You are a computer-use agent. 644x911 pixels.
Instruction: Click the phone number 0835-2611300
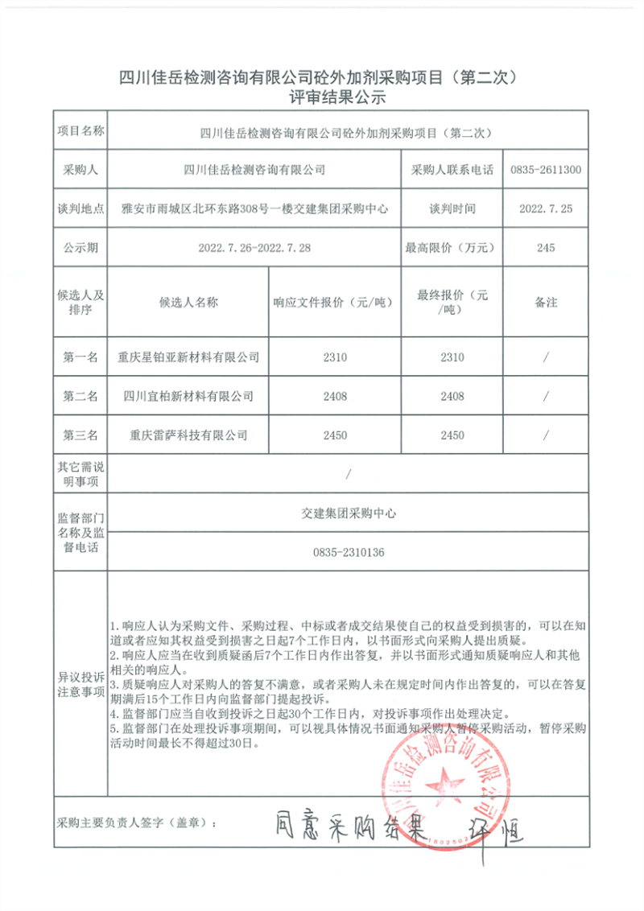click(546, 170)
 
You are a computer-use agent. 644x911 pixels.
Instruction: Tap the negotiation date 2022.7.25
click(546, 208)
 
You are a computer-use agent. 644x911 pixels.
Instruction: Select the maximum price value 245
click(546, 248)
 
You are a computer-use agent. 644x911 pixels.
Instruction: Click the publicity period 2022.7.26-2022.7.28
click(254, 248)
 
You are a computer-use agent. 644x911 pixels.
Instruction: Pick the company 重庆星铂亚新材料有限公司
click(188, 357)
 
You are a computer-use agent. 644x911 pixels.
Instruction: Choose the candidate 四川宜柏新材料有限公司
click(188, 396)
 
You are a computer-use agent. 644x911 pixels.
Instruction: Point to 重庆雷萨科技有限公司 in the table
click(188, 435)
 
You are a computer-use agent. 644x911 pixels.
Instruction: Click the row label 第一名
click(80, 357)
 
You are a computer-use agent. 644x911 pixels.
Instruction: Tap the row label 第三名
click(80, 435)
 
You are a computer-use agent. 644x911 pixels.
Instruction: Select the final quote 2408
click(452, 396)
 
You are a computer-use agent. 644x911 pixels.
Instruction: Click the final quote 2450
click(452, 435)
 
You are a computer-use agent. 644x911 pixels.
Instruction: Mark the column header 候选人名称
click(188, 303)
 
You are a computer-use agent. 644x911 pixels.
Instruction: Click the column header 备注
click(546, 303)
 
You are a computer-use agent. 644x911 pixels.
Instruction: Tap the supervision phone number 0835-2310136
click(348, 553)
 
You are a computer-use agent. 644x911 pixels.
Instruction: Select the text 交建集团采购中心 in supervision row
click(348, 513)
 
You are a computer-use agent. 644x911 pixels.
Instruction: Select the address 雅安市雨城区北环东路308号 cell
click(254, 208)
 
